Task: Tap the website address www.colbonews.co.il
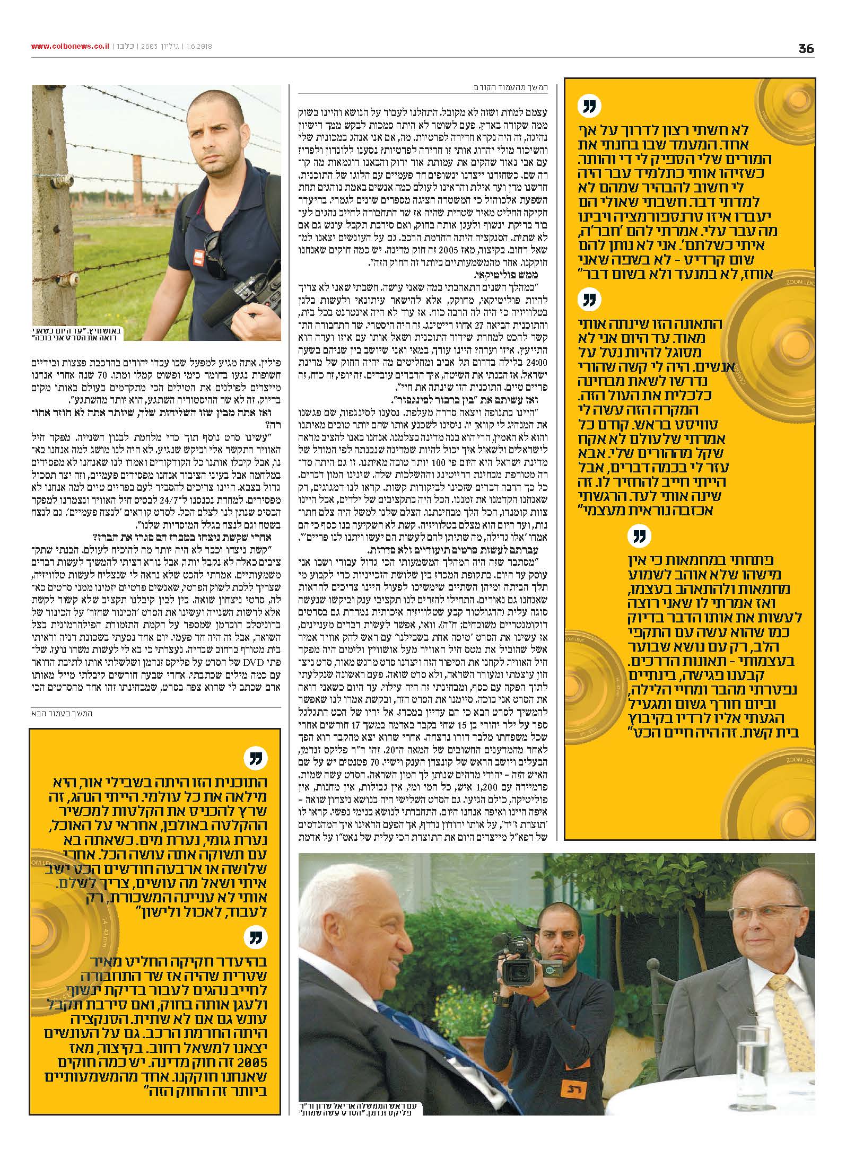pos(70,46)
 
